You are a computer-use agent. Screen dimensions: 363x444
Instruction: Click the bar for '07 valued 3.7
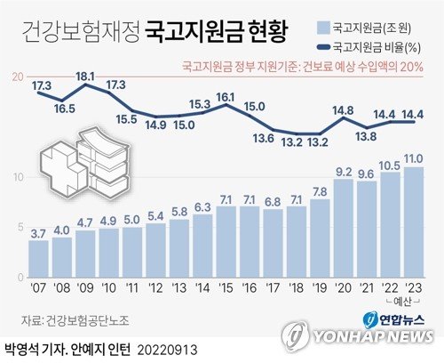click(x=39, y=258)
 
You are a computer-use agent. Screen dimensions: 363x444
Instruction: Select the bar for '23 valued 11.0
click(x=413, y=222)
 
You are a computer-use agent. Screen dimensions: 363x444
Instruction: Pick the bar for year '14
click(x=202, y=246)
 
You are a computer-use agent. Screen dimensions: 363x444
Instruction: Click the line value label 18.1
click(x=86, y=77)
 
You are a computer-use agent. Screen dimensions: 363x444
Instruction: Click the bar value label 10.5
click(x=390, y=165)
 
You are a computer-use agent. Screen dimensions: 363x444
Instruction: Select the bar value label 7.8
click(x=319, y=191)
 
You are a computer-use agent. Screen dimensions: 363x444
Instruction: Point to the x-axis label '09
click(x=86, y=287)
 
